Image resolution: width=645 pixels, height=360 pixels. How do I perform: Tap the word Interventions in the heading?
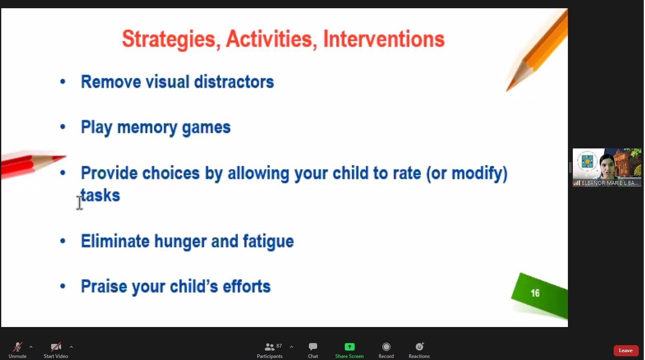384,39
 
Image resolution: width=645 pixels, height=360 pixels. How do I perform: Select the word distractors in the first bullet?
234,82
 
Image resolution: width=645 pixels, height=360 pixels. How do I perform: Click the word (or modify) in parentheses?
467,174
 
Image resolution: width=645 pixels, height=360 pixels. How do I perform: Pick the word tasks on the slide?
100,195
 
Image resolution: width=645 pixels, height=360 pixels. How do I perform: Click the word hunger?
180,242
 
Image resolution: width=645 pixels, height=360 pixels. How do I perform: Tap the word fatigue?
268,242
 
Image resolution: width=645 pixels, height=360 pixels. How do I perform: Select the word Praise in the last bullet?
104,286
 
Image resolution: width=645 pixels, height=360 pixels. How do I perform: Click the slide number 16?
535,293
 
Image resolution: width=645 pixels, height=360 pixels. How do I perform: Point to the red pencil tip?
66,157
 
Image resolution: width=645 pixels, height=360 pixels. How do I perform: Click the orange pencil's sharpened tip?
507,90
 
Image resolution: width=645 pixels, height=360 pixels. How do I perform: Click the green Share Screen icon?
349,347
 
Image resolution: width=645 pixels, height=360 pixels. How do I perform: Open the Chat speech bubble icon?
313,346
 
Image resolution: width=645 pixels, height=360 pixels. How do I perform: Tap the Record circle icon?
386,347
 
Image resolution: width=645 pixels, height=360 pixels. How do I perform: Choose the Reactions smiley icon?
419,346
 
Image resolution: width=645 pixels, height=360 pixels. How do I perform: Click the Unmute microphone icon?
18,347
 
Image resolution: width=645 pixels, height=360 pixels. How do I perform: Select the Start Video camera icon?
56,347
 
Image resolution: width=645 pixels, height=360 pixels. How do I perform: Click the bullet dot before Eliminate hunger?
63,241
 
